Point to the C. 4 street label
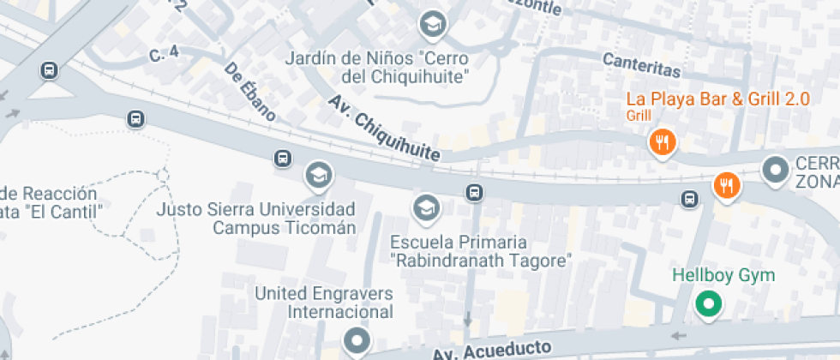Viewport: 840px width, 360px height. tap(163, 54)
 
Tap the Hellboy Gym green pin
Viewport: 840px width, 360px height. tap(708, 303)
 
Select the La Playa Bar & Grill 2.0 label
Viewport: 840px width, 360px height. tap(717, 99)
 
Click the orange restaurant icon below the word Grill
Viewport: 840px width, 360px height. tap(662, 142)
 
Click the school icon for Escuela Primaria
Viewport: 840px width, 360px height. tap(425, 206)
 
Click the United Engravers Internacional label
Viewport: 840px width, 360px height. tap(324, 303)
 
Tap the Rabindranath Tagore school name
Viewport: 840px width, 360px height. tap(480, 259)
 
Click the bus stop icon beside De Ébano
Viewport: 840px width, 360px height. tap(282, 158)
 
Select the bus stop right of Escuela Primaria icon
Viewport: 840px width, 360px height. tap(473, 190)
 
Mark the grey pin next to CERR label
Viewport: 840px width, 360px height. tap(777, 171)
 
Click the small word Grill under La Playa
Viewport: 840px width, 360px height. tap(639, 115)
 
